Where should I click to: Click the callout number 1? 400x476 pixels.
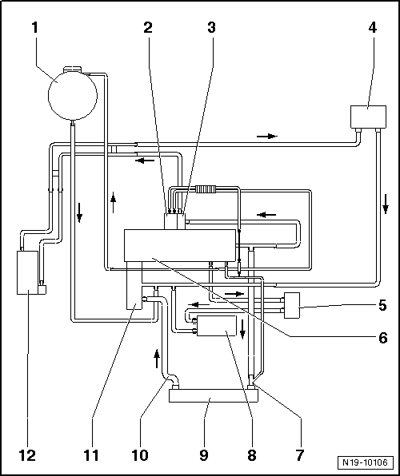pyautogui.click(x=35, y=28)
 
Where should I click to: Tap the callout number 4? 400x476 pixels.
pyautogui.click(x=372, y=28)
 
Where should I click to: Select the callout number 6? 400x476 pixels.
pyautogui.click(x=383, y=337)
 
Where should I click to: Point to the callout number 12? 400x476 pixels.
pyautogui.click(x=27, y=456)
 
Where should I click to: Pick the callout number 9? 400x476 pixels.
pyautogui.click(x=203, y=456)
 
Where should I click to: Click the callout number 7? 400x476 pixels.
pyautogui.click(x=300, y=456)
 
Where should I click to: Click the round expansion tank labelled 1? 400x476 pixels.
pyautogui.click(x=73, y=96)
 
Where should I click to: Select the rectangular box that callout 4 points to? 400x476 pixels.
pyautogui.click(x=368, y=117)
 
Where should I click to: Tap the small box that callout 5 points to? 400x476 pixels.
pyautogui.click(x=292, y=305)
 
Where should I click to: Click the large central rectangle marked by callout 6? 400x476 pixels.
pyautogui.click(x=180, y=245)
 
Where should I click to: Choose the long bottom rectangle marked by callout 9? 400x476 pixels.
pyautogui.click(x=214, y=396)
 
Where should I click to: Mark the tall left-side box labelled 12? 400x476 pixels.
pyautogui.click(x=27, y=272)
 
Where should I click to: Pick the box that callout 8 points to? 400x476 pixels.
pyautogui.click(x=217, y=326)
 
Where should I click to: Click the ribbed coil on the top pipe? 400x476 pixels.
pyautogui.click(x=206, y=189)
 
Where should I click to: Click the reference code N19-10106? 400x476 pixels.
pyautogui.click(x=365, y=463)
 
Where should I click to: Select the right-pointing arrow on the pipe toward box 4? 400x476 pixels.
pyautogui.click(x=267, y=137)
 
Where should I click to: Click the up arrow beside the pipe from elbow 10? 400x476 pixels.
pyautogui.click(x=157, y=359)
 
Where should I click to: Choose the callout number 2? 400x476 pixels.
pyautogui.click(x=148, y=28)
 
